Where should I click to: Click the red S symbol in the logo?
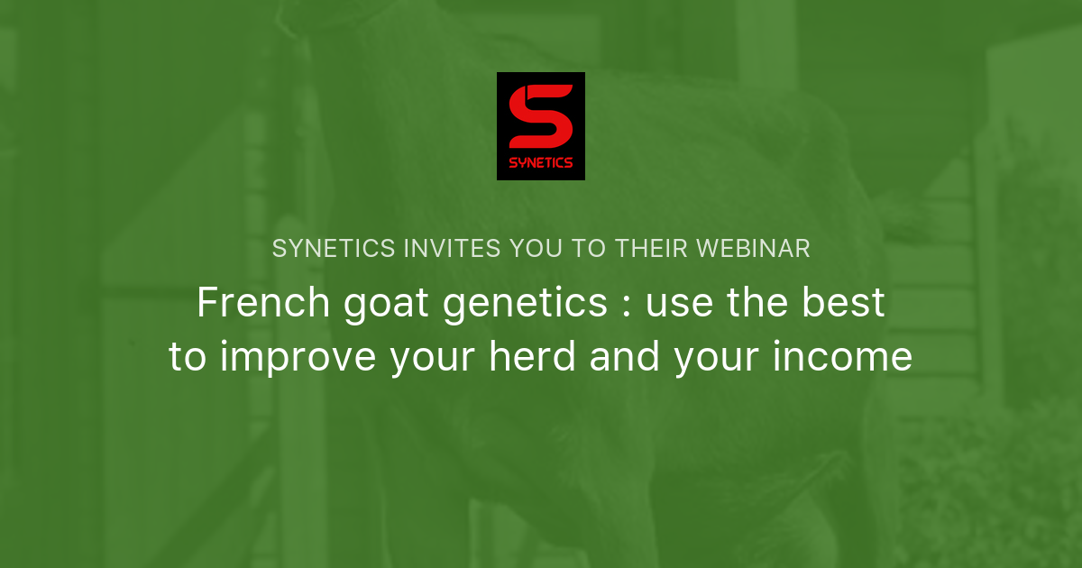tap(540, 116)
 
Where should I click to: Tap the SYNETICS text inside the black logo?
tap(540, 163)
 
